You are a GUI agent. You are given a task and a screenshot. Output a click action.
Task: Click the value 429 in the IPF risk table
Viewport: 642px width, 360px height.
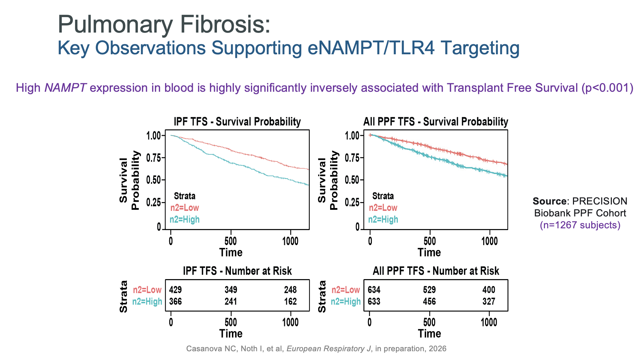pyautogui.click(x=175, y=290)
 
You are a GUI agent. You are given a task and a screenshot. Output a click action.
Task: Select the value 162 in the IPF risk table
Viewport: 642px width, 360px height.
pyautogui.click(x=291, y=302)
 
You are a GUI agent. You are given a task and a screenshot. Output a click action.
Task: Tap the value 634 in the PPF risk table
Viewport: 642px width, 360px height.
pyautogui.click(x=374, y=290)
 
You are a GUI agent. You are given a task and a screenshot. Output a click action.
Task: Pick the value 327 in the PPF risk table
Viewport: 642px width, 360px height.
pyautogui.click(x=489, y=302)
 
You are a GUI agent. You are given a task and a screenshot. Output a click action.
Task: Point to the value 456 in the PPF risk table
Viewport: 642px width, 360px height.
pyautogui.click(x=429, y=302)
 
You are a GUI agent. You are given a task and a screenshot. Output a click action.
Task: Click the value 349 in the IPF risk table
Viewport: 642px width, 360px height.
pyautogui.click(x=231, y=290)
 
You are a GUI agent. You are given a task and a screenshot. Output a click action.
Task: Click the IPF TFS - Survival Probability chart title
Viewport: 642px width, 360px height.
pyautogui.click(x=237, y=122)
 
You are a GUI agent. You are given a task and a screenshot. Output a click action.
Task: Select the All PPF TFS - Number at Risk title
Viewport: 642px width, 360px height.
pyautogui.click(x=436, y=271)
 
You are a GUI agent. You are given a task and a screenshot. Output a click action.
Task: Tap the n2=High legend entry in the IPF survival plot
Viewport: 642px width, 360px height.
pyautogui.click(x=185, y=220)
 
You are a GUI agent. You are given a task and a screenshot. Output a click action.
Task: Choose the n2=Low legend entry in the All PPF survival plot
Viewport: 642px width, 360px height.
pyautogui.click(x=383, y=208)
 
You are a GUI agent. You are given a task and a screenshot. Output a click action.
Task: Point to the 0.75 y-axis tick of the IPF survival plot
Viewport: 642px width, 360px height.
pyautogui.click(x=153, y=158)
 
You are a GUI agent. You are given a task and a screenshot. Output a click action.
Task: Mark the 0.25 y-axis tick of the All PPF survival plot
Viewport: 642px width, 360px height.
pyautogui.click(x=352, y=202)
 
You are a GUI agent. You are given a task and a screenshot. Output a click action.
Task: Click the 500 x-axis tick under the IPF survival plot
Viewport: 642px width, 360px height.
pyautogui.click(x=231, y=241)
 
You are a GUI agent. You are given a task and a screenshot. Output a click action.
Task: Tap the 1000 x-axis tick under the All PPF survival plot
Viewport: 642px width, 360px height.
pyautogui.click(x=490, y=241)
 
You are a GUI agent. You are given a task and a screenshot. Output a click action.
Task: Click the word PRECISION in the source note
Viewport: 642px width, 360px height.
pyautogui.click(x=600, y=201)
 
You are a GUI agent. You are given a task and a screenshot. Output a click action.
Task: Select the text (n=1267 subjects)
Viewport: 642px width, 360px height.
pyautogui.click(x=580, y=225)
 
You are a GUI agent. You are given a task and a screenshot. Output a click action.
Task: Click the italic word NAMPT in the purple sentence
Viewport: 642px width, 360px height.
pyautogui.click(x=66, y=88)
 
